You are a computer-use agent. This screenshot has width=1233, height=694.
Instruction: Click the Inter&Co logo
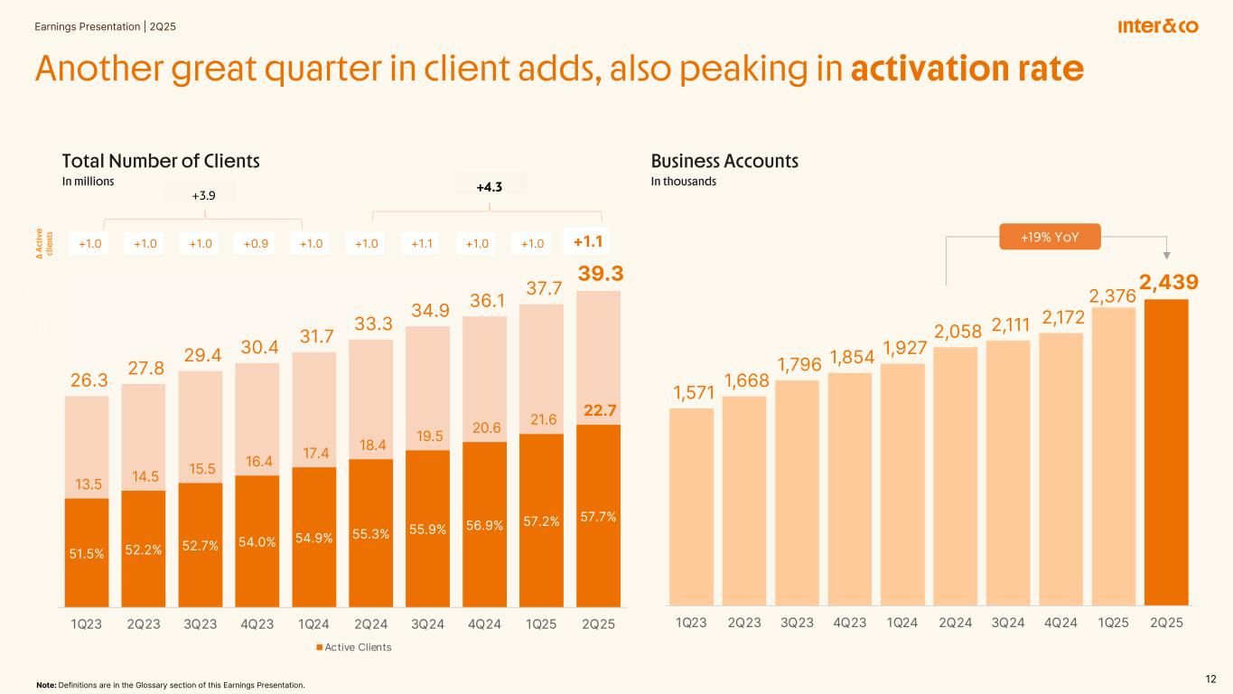click(1157, 26)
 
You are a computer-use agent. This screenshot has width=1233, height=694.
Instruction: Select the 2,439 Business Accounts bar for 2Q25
click(1166, 452)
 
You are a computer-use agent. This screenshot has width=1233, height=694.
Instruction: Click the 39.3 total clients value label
click(599, 273)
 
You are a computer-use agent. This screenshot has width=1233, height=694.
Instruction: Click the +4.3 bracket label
click(489, 187)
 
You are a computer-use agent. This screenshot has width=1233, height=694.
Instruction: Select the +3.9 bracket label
click(204, 193)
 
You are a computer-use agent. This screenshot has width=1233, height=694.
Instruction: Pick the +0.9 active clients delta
click(257, 243)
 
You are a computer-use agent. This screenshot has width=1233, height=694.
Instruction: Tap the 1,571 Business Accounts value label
click(692, 392)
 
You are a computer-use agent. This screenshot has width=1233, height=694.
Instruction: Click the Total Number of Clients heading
click(161, 161)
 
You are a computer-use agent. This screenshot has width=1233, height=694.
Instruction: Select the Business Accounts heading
click(724, 161)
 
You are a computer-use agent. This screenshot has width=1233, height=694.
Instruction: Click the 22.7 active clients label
click(599, 410)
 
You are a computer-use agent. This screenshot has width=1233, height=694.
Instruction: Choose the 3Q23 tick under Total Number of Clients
click(201, 623)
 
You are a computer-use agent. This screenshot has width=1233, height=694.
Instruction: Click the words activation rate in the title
click(967, 70)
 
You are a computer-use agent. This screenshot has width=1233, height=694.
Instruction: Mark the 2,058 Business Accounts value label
click(957, 333)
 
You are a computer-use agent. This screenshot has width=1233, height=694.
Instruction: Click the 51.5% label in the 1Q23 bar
click(87, 554)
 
